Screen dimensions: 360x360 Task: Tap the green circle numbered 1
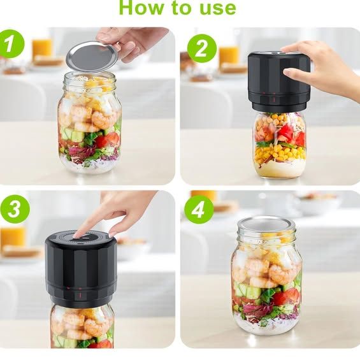[x=11, y=43]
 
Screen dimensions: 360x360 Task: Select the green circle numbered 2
[x=202, y=48]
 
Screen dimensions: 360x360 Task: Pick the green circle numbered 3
[x=15, y=209]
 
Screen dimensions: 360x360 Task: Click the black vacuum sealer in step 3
[x=81, y=269]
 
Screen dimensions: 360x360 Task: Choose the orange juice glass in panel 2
[x=229, y=58]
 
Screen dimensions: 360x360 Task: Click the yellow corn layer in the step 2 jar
[x=279, y=154]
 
